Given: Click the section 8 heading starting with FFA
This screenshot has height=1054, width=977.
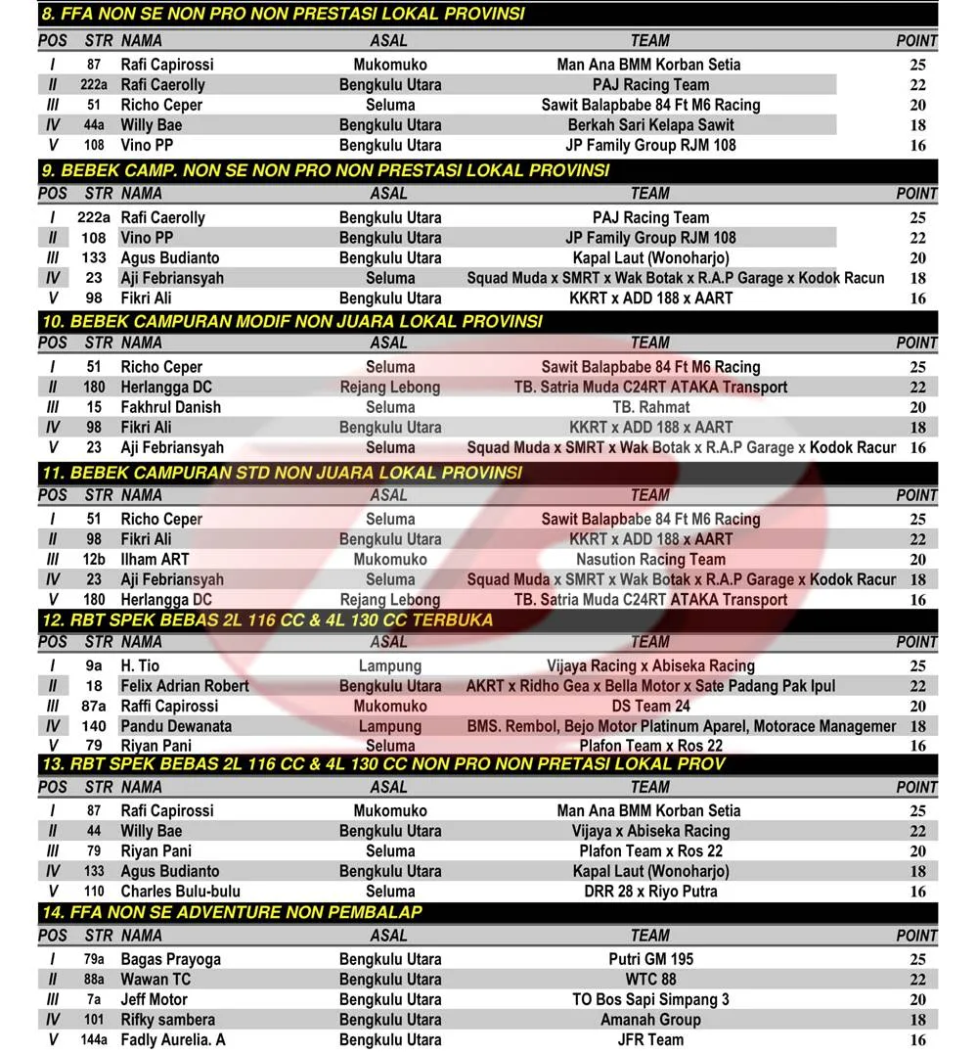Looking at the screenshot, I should tap(284, 15).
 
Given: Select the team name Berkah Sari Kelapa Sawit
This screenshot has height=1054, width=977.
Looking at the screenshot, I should tap(650, 125).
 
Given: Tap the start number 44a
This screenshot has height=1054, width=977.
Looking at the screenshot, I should tap(94, 125).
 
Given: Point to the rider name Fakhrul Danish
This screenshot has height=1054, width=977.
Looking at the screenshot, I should tap(170, 407).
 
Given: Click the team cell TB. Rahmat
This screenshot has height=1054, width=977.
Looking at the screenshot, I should tap(650, 407).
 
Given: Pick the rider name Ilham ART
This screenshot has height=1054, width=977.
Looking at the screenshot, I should tap(155, 560).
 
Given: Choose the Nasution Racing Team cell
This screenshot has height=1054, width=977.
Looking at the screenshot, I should tap(650, 560).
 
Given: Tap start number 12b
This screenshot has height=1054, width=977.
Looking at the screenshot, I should tap(94, 560).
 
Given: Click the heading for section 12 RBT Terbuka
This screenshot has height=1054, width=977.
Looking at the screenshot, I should tap(268, 620).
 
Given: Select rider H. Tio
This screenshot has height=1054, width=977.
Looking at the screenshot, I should tap(141, 666).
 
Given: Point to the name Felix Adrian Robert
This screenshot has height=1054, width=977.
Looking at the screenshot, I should tap(185, 686).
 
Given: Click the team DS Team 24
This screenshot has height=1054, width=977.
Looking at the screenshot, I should tap(650, 706).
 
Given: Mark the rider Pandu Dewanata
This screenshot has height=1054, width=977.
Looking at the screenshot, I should tap(176, 726).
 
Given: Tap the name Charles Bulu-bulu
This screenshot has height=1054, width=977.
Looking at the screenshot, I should tap(180, 892).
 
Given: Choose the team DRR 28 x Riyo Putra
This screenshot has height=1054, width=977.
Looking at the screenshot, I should tap(650, 892).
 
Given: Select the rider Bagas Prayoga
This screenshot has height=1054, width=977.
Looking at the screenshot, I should tap(170, 960).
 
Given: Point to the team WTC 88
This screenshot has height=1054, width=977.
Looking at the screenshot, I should tap(650, 980).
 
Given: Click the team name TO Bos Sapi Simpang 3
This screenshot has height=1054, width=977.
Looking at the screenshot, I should tap(650, 1000).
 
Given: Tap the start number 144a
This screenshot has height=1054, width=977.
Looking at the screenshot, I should tap(94, 1040).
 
